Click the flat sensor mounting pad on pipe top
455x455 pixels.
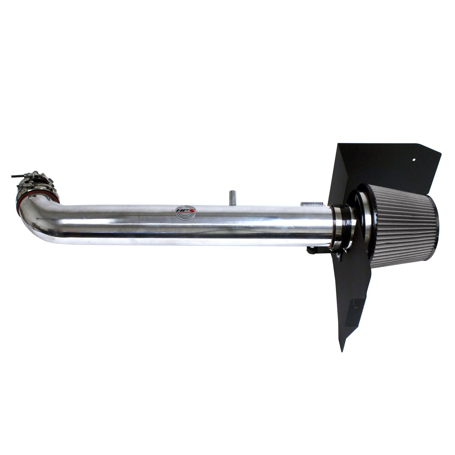coord(313,204)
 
